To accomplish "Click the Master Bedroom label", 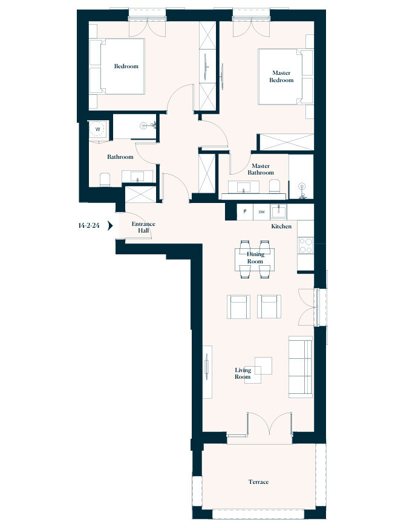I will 281,77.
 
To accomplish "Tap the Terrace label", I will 258,482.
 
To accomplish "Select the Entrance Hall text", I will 143,227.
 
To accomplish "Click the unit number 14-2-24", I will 89,226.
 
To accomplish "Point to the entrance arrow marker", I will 110,226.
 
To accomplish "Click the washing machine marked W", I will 97,129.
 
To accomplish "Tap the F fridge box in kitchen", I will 244,212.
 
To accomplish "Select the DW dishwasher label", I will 261,212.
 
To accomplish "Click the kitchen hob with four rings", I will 305,245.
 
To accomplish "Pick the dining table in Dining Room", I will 255,260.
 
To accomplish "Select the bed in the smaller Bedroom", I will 118,66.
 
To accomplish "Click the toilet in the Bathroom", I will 104,179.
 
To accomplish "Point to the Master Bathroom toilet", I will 273,186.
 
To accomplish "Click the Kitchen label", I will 281,227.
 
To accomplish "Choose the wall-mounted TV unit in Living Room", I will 207,372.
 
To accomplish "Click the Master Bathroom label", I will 261,169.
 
